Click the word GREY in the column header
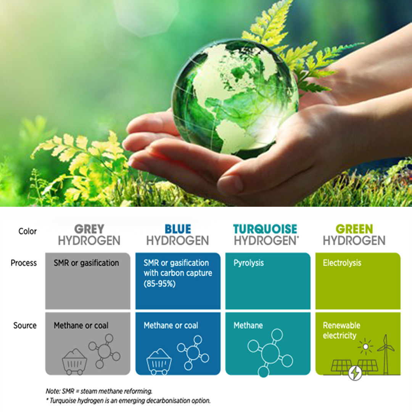point(89,229)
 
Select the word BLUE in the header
point(178,229)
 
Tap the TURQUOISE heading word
point(265,229)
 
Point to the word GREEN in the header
point(354,229)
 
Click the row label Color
point(27,231)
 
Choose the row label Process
point(24,263)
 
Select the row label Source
point(25,325)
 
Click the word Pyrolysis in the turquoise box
point(248,263)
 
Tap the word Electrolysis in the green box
point(342,263)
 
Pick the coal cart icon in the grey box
point(74,361)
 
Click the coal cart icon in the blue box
point(159,361)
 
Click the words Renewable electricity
point(341,330)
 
